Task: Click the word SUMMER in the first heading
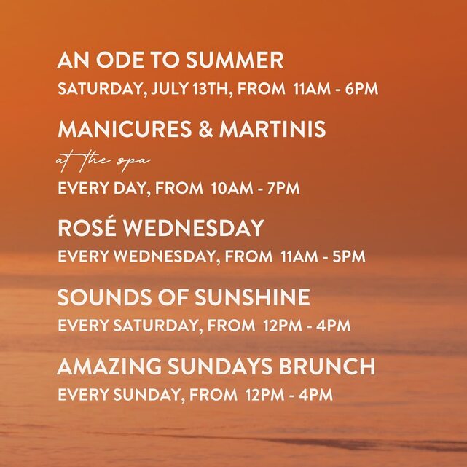tap(235, 60)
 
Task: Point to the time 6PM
tap(361, 89)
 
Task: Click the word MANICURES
tap(125, 129)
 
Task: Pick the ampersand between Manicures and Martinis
tap(205, 129)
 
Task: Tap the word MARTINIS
tap(272, 129)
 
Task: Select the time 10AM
tap(232, 188)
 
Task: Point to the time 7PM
tap(283, 188)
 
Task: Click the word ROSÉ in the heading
tap(87, 227)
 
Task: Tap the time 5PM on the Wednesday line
tap(349, 256)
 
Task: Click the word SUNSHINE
tap(253, 297)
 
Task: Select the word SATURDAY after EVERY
tap(155, 326)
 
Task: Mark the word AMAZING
tap(109, 366)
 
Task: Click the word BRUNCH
tap(326, 366)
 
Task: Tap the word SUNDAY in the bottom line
tap(147, 395)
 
